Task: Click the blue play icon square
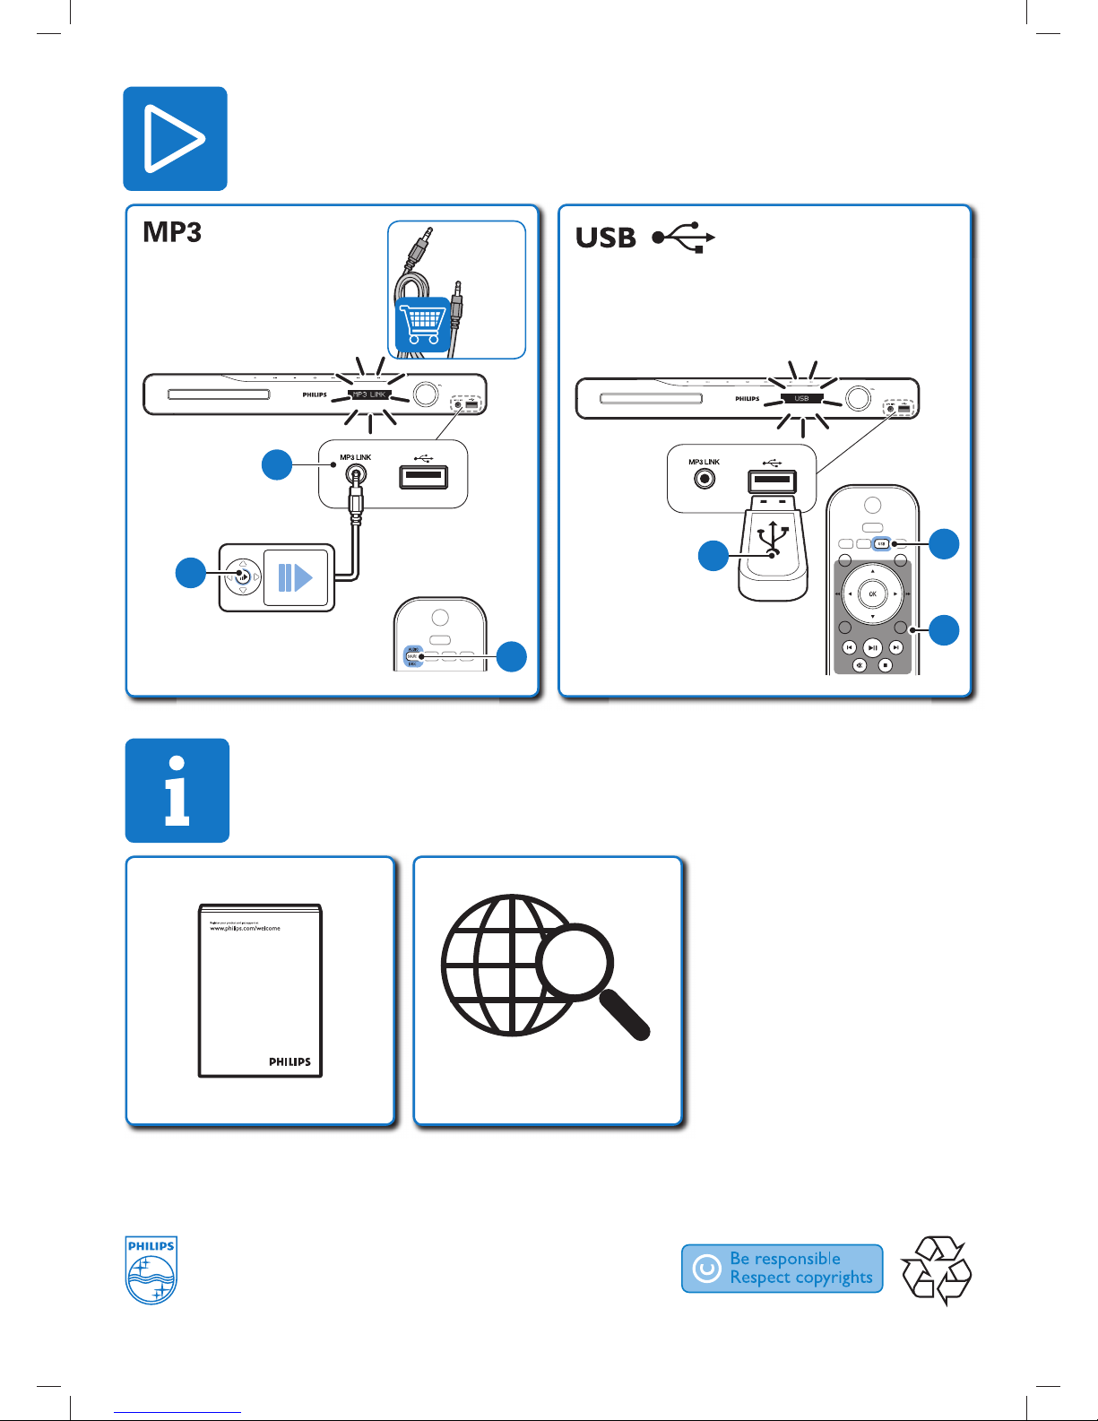click(175, 138)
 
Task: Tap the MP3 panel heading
click(172, 232)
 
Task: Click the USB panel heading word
click(606, 238)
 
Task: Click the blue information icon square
click(177, 790)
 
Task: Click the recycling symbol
click(936, 1269)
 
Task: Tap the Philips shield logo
click(151, 1269)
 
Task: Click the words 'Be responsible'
click(785, 1259)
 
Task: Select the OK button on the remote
click(872, 594)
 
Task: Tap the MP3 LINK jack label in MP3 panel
click(355, 457)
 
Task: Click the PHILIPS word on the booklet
click(290, 1061)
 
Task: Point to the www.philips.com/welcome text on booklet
click(245, 929)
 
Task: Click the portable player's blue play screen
click(295, 577)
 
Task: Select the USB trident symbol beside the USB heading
click(683, 238)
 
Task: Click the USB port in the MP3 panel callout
click(423, 476)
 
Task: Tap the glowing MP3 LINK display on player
click(368, 394)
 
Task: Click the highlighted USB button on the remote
click(881, 543)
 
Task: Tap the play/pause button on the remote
click(872, 647)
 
